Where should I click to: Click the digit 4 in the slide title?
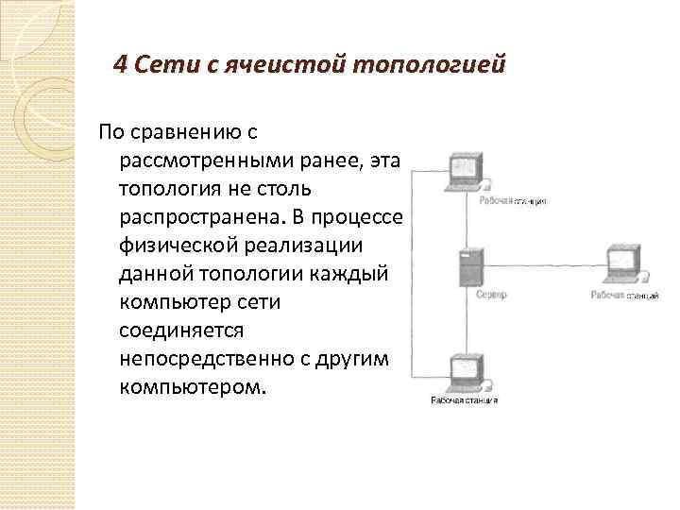(x=119, y=65)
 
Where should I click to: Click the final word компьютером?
(x=194, y=387)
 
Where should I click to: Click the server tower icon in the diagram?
(x=469, y=267)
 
